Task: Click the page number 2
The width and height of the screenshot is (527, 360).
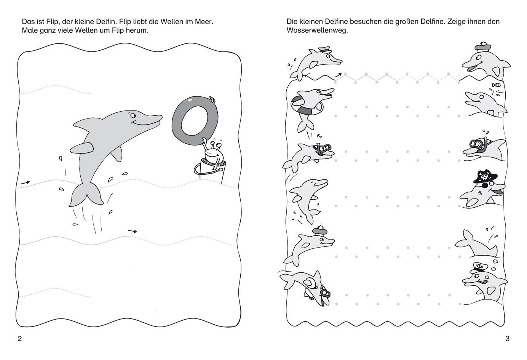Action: pos(20,339)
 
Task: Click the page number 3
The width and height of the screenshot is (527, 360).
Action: pos(508,339)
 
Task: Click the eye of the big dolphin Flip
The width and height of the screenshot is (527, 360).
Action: pos(133,115)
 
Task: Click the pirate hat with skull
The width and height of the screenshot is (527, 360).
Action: pos(485,176)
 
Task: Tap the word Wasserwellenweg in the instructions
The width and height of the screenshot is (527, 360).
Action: pos(317,30)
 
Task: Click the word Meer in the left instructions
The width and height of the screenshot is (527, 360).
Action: pos(204,22)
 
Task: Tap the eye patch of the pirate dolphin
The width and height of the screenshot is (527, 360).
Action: pos(483,186)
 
